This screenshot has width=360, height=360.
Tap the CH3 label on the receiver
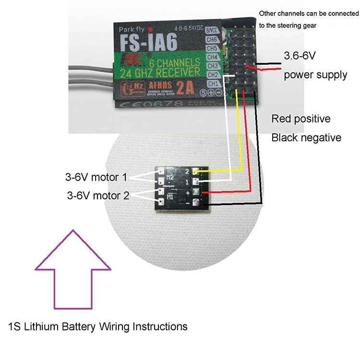click(213, 66)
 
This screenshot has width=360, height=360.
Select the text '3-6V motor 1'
click(96, 177)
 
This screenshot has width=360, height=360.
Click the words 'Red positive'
click(301, 119)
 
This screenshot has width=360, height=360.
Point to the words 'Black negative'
click(306, 138)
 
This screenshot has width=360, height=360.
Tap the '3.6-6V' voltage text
click(300, 56)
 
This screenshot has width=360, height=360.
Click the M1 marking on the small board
click(169, 197)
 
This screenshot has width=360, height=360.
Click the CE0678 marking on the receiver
click(144, 103)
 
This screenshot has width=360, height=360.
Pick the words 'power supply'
click(315, 75)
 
